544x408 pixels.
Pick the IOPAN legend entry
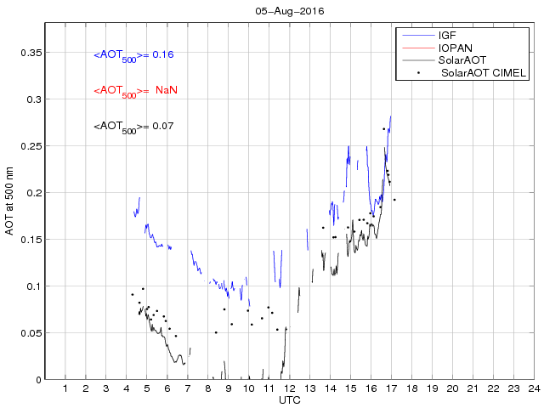(455, 48)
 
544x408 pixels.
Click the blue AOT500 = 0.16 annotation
(133, 55)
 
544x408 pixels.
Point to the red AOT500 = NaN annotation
(133, 91)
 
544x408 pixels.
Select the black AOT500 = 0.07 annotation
(133, 127)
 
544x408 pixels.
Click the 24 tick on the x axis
(533, 388)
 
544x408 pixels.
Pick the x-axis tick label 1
(65, 388)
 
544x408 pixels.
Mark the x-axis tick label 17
(391, 388)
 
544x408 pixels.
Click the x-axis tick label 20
(452, 388)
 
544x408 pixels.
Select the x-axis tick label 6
(167, 388)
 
